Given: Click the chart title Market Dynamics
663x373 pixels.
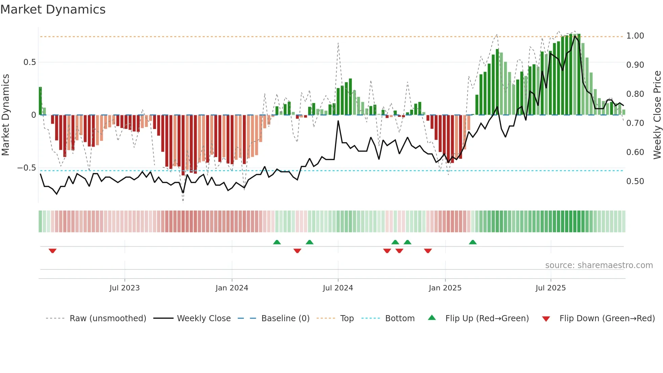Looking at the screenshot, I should pos(53,9).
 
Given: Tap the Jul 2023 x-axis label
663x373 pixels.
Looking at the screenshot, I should pos(124,288).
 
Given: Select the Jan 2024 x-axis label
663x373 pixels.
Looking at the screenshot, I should pos(232,288).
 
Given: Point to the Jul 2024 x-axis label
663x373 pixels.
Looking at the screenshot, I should pos(338,288).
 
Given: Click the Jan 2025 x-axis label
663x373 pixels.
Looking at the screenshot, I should pos(445,288).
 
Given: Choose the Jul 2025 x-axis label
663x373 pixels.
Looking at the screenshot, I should pos(550,288).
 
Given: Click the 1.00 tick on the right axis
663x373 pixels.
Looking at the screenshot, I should pos(635,36).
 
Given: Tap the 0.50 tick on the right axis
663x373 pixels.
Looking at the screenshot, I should pos(635,181).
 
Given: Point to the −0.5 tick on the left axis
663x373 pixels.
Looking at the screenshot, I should pos(26,168).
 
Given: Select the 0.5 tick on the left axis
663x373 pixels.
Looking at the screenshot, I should pos(29,62).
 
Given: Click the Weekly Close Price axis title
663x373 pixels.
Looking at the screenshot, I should pos(657,115).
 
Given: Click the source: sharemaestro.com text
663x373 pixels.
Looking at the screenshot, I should pos(599,265).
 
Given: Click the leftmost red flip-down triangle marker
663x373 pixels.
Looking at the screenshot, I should pos(52,250).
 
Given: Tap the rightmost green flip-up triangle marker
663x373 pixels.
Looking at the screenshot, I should pos(473,242).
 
